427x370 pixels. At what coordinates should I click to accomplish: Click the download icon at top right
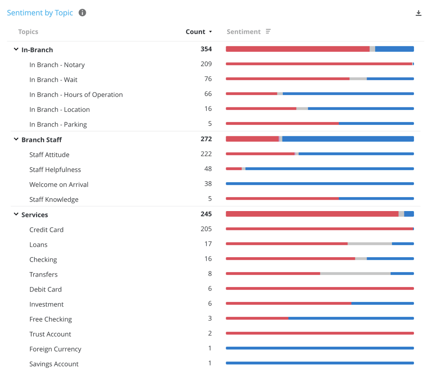pyautogui.click(x=418, y=13)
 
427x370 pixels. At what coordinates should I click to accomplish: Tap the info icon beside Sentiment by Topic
pyautogui.click(x=82, y=13)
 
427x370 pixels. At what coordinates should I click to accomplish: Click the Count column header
pyautogui.click(x=195, y=32)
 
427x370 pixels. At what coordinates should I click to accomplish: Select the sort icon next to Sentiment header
pyautogui.click(x=268, y=32)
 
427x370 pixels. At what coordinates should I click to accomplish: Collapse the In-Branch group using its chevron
pyautogui.click(x=16, y=49)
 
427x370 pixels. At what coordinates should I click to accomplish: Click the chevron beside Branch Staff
pyautogui.click(x=16, y=139)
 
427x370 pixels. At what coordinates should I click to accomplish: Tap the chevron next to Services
pyautogui.click(x=16, y=214)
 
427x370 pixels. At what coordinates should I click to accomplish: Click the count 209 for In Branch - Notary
pyautogui.click(x=206, y=64)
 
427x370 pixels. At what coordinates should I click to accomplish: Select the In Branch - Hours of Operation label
pyautogui.click(x=76, y=95)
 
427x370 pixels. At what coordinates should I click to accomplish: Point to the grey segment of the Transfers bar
pyautogui.click(x=355, y=274)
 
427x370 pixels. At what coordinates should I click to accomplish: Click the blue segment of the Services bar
pyautogui.click(x=409, y=214)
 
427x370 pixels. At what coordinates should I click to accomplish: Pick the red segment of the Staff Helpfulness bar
pyautogui.click(x=234, y=169)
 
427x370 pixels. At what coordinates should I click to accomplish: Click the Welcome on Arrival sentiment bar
pyautogui.click(x=320, y=184)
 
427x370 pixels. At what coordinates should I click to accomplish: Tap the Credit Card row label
pyautogui.click(x=46, y=230)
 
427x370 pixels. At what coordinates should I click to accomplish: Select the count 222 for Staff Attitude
pyautogui.click(x=206, y=154)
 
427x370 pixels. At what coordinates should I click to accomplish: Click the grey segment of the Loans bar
pyautogui.click(x=370, y=244)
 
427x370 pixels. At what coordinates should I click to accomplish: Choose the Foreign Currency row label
pyautogui.click(x=55, y=349)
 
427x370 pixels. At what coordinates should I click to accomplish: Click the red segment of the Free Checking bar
pyautogui.click(x=257, y=318)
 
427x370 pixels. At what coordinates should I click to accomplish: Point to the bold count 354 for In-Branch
pyautogui.click(x=206, y=49)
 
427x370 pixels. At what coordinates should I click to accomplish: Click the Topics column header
pyautogui.click(x=28, y=32)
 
